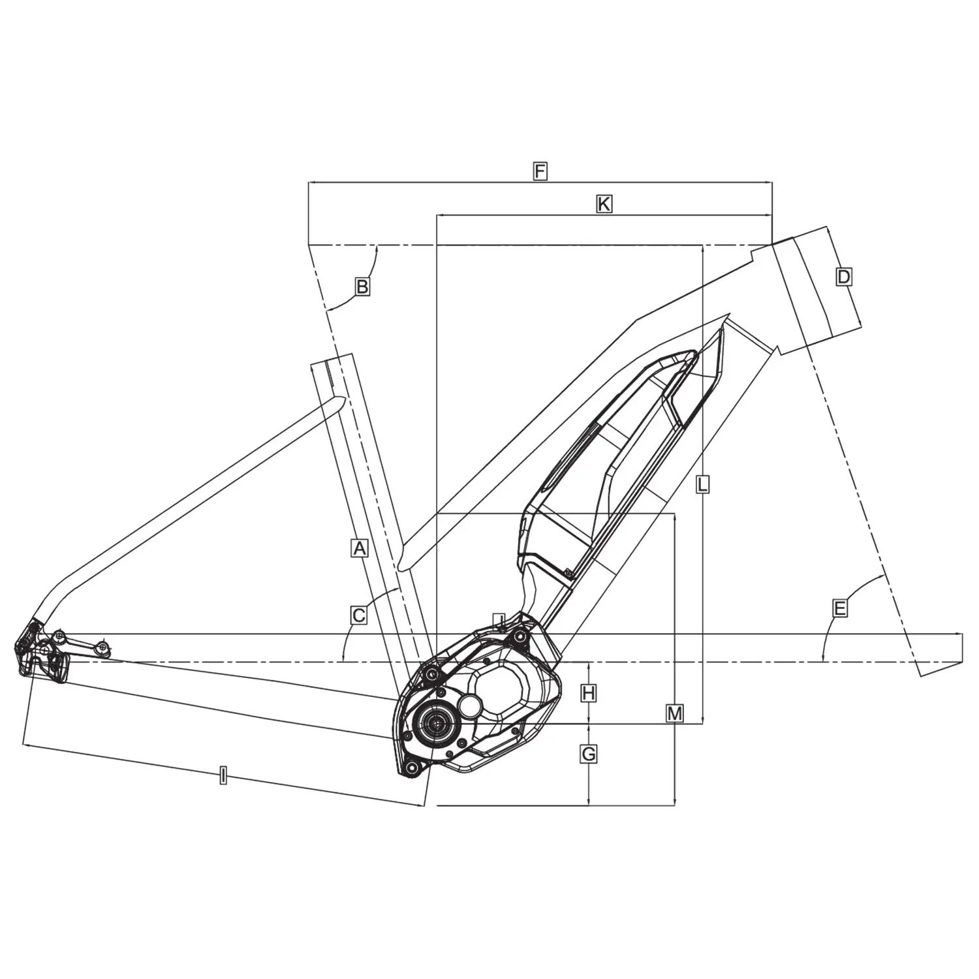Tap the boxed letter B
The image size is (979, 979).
[x=362, y=286]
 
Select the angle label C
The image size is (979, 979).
[x=358, y=615]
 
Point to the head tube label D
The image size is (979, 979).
[x=844, y=277]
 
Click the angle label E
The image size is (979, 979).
[x=840, y=608]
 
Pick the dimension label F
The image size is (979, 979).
[x=539, y=172]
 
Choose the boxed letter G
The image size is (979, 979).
[x=588, y=754]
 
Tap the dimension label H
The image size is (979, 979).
[x=588, y=692]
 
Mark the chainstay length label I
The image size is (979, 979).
[x=223, y=776]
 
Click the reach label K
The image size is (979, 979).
[x=604, y=204]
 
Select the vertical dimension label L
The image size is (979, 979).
[x=702, y=484]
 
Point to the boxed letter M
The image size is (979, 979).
[x=674, y=713]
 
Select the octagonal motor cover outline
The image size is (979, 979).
[x=504, y=692]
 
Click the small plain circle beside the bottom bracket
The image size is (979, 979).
[x=470, y=704]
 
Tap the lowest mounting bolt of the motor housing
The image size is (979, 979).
[x=411, y=768]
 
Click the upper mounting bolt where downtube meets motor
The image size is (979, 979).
[x=520, y=636]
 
